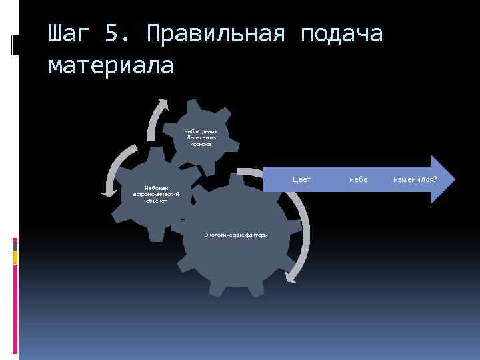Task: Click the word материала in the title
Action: click(111, 65)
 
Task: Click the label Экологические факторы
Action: click(236, 235)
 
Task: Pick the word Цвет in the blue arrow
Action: click(303, 179)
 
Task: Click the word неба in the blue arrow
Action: click(358, 179)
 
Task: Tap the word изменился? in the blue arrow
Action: click(415, 179)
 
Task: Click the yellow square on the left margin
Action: click(15, 255)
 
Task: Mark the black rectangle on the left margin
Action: click(15, 45)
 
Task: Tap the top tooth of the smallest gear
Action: click(197, 105)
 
